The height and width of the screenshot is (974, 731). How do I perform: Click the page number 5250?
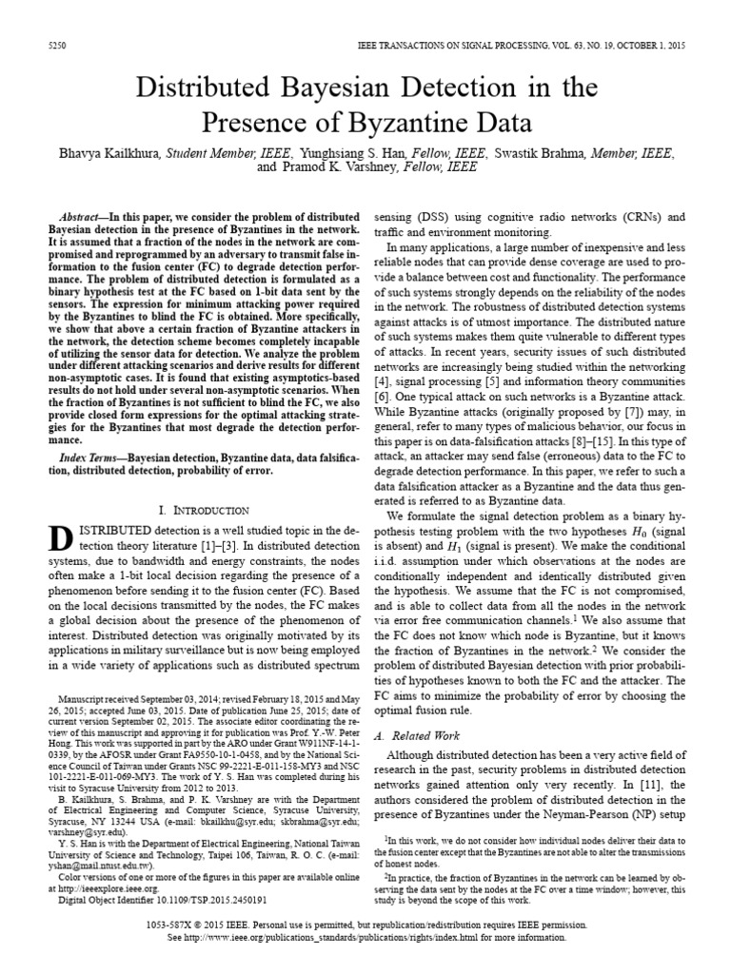[x=55, y=45]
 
